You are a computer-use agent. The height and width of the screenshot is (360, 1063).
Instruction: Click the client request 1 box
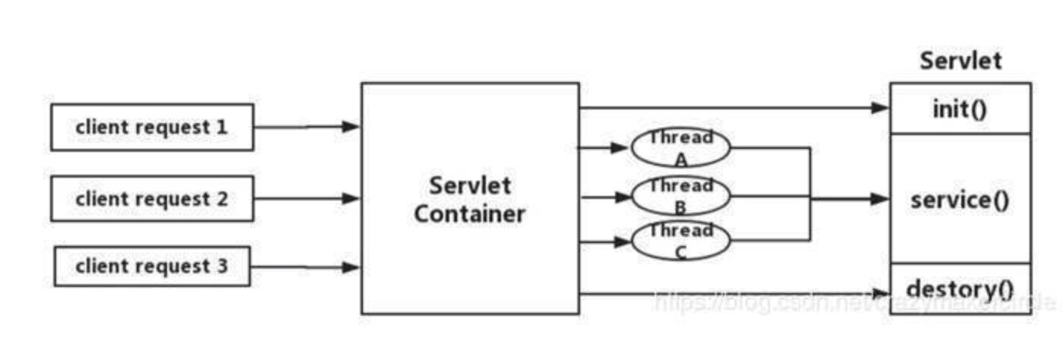[152, 127]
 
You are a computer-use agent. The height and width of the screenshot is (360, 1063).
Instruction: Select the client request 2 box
[152, 199]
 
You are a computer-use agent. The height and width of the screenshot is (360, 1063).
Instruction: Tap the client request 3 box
[152, 267]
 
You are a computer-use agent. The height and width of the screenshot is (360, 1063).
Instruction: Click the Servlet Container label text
[470, 200]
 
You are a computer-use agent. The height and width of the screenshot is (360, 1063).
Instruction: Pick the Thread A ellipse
[680, 147]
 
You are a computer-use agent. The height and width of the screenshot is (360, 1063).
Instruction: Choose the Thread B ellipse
[680, 196]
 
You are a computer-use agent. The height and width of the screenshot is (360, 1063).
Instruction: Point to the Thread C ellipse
[680, 241]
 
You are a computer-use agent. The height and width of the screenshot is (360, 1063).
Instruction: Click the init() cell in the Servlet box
[960, 109]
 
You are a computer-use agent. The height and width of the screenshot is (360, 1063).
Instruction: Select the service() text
[960, 201]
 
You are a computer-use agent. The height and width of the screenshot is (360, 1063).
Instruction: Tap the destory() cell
[960, 289]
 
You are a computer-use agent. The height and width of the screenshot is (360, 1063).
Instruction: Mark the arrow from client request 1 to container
[307, 127]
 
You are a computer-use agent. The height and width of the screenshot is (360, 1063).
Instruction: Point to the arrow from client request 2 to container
[307, 199]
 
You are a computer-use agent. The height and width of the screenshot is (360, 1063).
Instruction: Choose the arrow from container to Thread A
[605, 147]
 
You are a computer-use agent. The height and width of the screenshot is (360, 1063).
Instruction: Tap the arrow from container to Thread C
[605, 242]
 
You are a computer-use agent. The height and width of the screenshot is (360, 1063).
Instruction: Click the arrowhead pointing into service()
[880, 199]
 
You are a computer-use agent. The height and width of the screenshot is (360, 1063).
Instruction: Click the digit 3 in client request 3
[221, 267]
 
